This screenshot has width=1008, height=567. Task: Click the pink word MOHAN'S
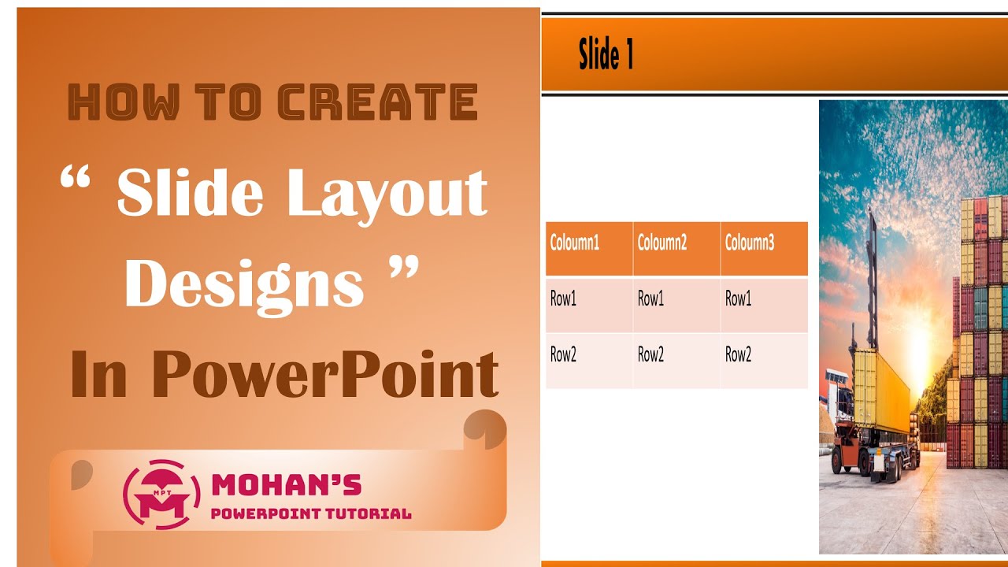[287, 484]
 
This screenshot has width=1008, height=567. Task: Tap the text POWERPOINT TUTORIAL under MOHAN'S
[311, 514]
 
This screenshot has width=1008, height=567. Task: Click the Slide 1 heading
[606, 55]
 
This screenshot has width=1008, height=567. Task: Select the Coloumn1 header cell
[589, 249]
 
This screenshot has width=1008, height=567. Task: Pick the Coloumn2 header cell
[676, 249]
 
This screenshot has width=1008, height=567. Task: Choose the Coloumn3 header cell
[764, 249]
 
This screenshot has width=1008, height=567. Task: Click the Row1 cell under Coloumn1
[589, 305]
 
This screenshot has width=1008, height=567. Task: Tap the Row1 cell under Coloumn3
[764, 305]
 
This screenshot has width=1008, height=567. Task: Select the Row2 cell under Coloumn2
[676, 361]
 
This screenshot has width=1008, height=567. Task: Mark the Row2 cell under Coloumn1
[589, 361]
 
